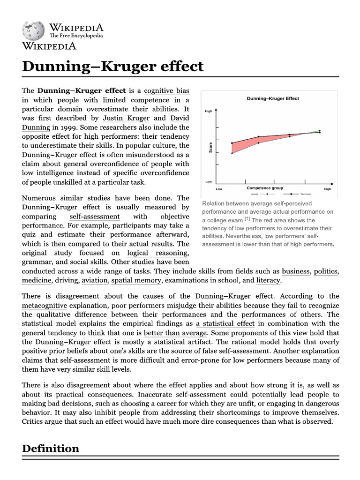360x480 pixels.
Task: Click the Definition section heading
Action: [x=51, y=449]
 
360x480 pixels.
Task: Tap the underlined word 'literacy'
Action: [x=268, y=280]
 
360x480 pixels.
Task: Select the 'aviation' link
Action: [x=95, y=280]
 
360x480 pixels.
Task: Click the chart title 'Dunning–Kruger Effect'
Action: [x=273, y=98]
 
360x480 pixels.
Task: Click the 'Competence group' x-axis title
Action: [x=265, y=188]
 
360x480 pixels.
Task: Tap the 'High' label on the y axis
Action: [x=209, y=111]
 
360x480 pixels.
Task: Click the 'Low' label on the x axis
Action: [x=219, y=189]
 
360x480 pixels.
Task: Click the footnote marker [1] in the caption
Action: [x=247, y=219]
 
